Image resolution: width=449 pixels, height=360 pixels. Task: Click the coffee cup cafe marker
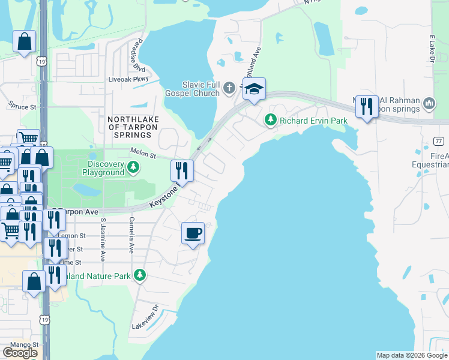click(x=193, y=233)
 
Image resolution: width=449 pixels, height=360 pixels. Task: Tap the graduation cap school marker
click(x=254, y=89)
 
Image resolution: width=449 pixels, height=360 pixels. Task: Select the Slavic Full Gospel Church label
click(x=201, y=89)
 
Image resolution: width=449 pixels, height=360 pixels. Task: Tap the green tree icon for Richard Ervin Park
click(x=271, y=121)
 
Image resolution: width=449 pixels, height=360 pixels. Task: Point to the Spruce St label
click(x=22, y=106)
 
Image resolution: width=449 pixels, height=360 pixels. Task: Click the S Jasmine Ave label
click(x=103, y=239)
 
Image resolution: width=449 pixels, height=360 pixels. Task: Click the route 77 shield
click(x=440, y=140)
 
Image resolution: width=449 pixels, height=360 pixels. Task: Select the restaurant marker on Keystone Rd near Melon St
click(x=181, y=171)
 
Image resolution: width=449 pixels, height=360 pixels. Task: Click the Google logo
click(x=20, y=353)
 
